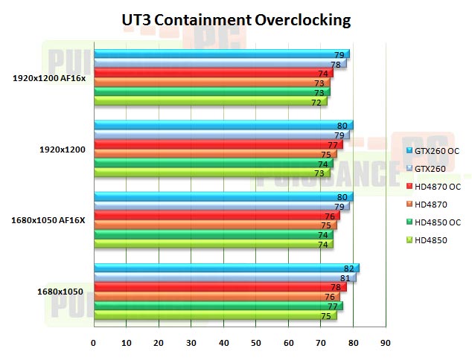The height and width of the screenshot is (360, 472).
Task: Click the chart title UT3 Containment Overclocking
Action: point(236,20)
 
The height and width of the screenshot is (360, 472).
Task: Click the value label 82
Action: point(349,269)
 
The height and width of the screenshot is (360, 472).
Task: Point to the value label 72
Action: point(316,102)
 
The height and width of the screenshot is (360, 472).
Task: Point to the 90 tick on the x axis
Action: point(385,343)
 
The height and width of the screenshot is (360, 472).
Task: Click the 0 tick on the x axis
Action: point(93,343)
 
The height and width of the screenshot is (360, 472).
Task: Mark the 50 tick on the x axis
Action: point(255,343)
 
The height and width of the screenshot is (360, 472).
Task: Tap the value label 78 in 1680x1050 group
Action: point(337,287)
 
